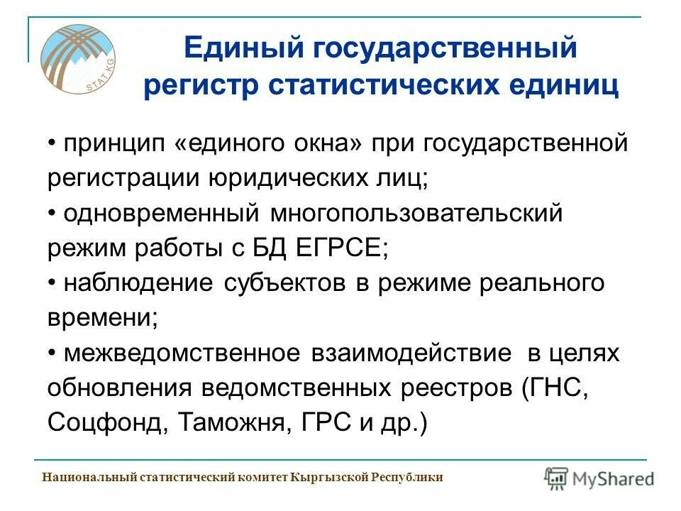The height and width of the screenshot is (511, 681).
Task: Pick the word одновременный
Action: pos(161,213)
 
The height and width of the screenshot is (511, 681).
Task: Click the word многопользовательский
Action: pos(416,213)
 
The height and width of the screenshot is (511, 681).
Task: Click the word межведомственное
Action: pos(180,353)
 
